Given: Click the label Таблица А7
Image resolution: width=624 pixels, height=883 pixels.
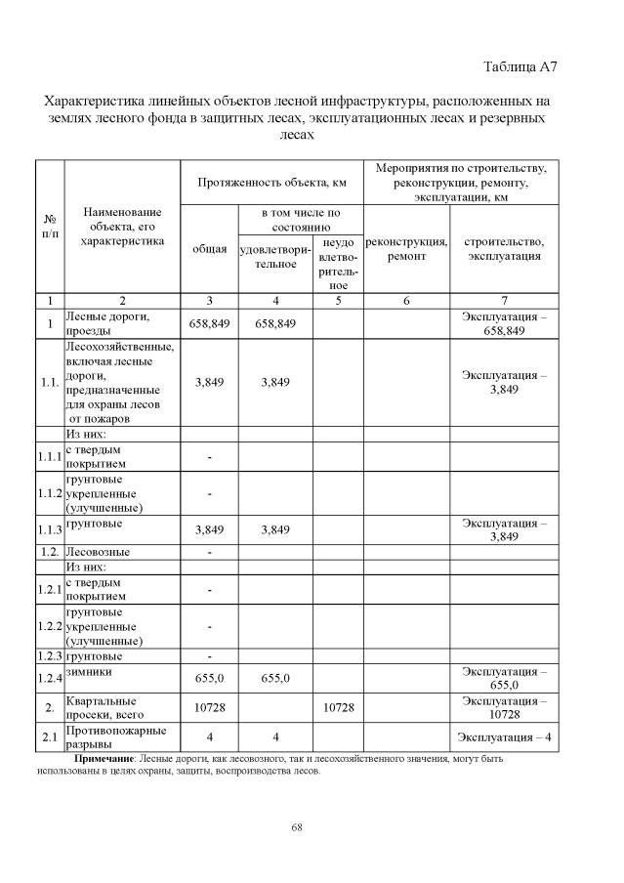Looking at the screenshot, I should (520, 66).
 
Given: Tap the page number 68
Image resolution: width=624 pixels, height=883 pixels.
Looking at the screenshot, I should (297, 828).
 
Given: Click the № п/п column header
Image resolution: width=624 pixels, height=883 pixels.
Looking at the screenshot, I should (49, 227).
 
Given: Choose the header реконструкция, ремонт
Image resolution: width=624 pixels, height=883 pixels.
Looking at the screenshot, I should (405, 249).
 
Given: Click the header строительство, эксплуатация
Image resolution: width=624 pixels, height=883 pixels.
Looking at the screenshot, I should (504, 249).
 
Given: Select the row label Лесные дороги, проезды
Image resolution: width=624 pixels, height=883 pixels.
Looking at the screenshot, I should (106, 323).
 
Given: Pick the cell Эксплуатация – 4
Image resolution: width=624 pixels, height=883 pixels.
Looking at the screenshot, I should (504, 736).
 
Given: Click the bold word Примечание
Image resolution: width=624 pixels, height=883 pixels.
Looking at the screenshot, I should (105, 758).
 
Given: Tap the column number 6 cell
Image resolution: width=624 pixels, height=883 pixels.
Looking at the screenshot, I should (405, 300).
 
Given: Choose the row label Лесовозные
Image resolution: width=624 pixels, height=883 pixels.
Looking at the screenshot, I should (98, 552).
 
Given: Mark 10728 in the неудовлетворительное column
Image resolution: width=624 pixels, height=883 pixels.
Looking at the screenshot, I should (338, 708).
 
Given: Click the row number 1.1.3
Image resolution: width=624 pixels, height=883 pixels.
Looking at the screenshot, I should (50, 530).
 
